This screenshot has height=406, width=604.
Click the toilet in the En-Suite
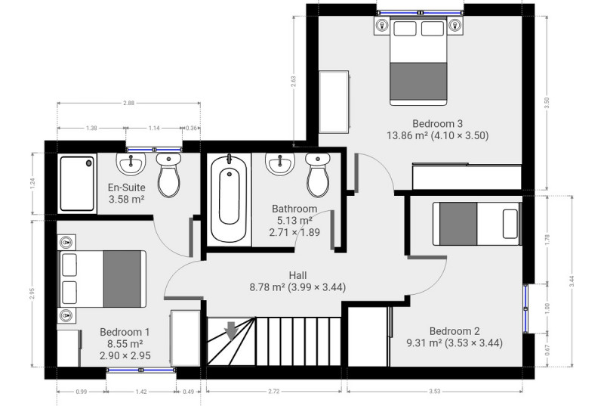point(168,175)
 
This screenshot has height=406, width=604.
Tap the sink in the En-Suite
point(131,163)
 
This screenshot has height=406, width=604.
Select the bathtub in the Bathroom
point(229,199)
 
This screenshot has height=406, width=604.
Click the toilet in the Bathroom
point(318,175)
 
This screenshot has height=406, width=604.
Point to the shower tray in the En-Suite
point(77,183)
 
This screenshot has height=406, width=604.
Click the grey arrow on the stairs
point(231,331)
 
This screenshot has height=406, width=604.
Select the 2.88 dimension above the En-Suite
point(128,103)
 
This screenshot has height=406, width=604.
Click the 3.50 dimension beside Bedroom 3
point(547,103)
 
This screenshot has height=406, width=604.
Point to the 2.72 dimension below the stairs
point(273,392)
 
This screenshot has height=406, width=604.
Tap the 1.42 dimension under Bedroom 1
point(141,392)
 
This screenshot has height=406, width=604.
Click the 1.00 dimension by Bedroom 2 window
point(547,308)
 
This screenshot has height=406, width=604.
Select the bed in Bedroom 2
point(477,224)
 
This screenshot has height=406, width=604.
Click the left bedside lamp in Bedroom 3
point(382,26)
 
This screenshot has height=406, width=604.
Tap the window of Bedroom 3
point(420,13)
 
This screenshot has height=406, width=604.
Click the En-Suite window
point(154,150)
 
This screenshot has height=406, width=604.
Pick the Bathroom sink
point(280,163)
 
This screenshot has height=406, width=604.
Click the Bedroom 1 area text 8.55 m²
point(125,343)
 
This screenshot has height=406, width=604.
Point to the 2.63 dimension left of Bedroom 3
point(294,81)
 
